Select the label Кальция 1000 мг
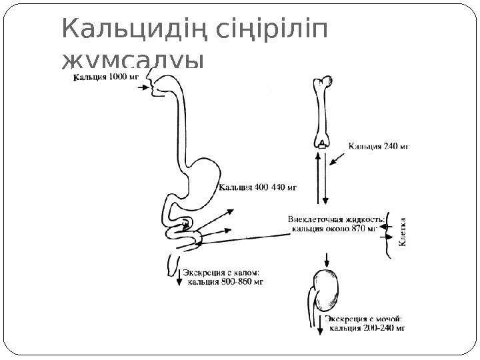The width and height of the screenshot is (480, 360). pos(105,77)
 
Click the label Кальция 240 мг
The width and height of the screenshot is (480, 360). pos(378,143)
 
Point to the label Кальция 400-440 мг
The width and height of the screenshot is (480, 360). pos(259,187)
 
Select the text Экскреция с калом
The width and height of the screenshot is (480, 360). pos(221,272)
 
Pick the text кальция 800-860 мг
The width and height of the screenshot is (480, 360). pos(227,281)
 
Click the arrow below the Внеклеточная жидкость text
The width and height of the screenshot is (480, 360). pos(326,257)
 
